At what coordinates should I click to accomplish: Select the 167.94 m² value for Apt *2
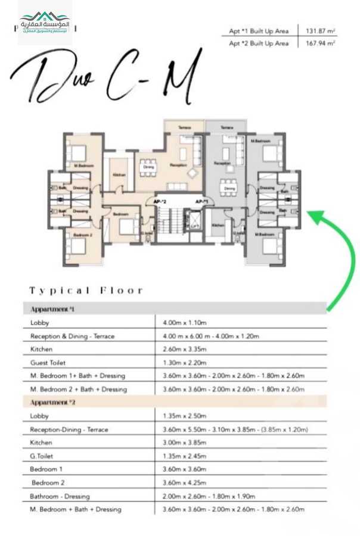coord(320,43)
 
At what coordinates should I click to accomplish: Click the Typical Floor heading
coord(86,291)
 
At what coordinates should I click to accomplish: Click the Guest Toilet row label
coord(48,362)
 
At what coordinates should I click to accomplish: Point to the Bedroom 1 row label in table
coord(46,469)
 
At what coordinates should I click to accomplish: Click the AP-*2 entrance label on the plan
coord(160,202)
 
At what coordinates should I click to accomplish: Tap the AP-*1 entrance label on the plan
coord(201,202)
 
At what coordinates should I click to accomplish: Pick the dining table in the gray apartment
coord(229,186)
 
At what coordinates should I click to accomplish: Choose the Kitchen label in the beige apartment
coord(119,174)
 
